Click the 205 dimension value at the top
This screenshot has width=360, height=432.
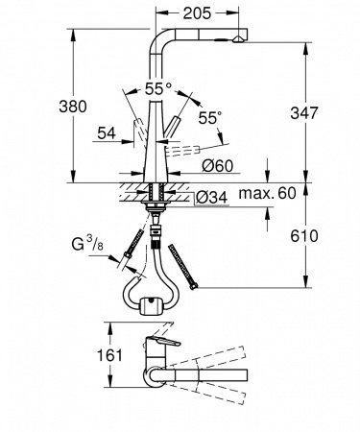tap(197, 13)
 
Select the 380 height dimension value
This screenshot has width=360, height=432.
tap(73, 107)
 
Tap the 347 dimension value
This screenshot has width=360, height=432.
tap(304, 112)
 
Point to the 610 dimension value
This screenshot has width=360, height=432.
tap(304, 236)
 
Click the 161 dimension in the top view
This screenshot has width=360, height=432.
tap(109, 355)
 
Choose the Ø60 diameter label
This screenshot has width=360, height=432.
tap(218, 165)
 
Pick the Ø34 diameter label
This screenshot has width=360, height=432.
tap(211, 198)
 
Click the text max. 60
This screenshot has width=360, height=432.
tap(268, 193)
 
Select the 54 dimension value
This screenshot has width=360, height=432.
tap(107, 132)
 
